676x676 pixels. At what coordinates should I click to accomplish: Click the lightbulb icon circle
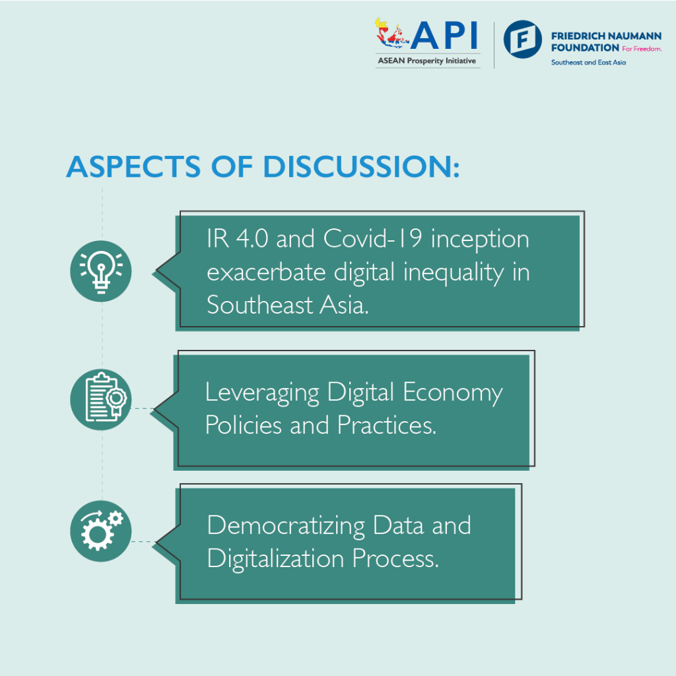[101, 271]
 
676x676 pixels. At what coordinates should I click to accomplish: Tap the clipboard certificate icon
[101, 399]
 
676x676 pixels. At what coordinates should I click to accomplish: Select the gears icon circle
[101, 531]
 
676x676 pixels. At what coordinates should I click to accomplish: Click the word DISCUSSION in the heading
[360, 167]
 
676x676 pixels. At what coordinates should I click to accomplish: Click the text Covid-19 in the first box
[374, 239]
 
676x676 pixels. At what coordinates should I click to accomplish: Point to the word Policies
[244, 425]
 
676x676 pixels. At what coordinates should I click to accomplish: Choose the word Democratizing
[286, 526]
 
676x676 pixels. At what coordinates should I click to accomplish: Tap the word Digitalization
[275, 559]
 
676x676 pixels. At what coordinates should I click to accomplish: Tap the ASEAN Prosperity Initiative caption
[426, 61]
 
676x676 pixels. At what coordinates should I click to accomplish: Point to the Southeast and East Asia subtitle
[588, 62]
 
